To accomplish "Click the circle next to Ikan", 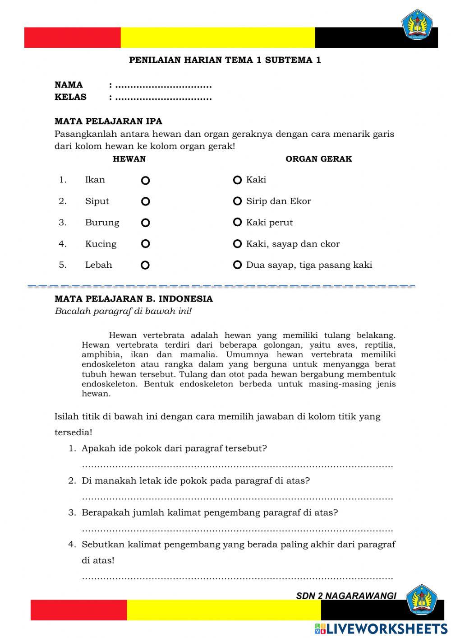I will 145,181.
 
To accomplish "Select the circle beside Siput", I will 145,202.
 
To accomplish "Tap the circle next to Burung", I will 145,223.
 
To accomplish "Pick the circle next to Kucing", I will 145,244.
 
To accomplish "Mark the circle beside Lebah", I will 145,265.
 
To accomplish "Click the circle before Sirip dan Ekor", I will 237,201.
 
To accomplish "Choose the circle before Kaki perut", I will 237,223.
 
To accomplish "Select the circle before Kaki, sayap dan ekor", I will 237,244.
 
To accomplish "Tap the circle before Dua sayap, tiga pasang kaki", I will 237,265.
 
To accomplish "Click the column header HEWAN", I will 129,159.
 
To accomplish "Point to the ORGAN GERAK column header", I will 318,159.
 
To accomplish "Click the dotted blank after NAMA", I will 163,86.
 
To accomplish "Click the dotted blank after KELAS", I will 163,98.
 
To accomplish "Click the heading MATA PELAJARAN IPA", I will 108,121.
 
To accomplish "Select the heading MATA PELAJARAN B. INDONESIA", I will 133,299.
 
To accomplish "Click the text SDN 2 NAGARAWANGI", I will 346,596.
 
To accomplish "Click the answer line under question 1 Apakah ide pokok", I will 237,466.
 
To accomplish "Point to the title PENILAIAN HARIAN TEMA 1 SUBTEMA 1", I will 225,60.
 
